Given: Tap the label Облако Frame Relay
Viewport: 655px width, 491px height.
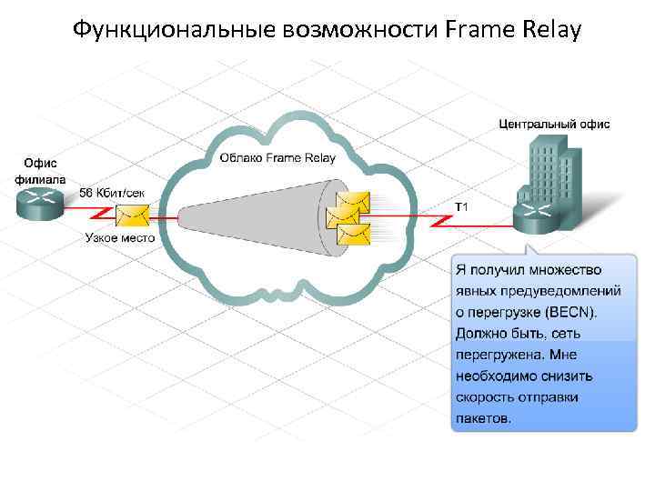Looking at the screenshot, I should pos(277,158).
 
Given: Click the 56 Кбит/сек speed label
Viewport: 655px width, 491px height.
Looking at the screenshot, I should pos(113,193).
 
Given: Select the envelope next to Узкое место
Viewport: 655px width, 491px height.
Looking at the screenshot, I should pos(133,215).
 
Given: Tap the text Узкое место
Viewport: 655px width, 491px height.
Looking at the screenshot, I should pos(119,237).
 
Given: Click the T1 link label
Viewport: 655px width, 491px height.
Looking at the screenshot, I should pos(461,207).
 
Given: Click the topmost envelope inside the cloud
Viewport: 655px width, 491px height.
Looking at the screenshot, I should pos(352,200).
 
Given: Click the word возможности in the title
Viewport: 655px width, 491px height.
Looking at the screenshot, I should pos(349,30).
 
